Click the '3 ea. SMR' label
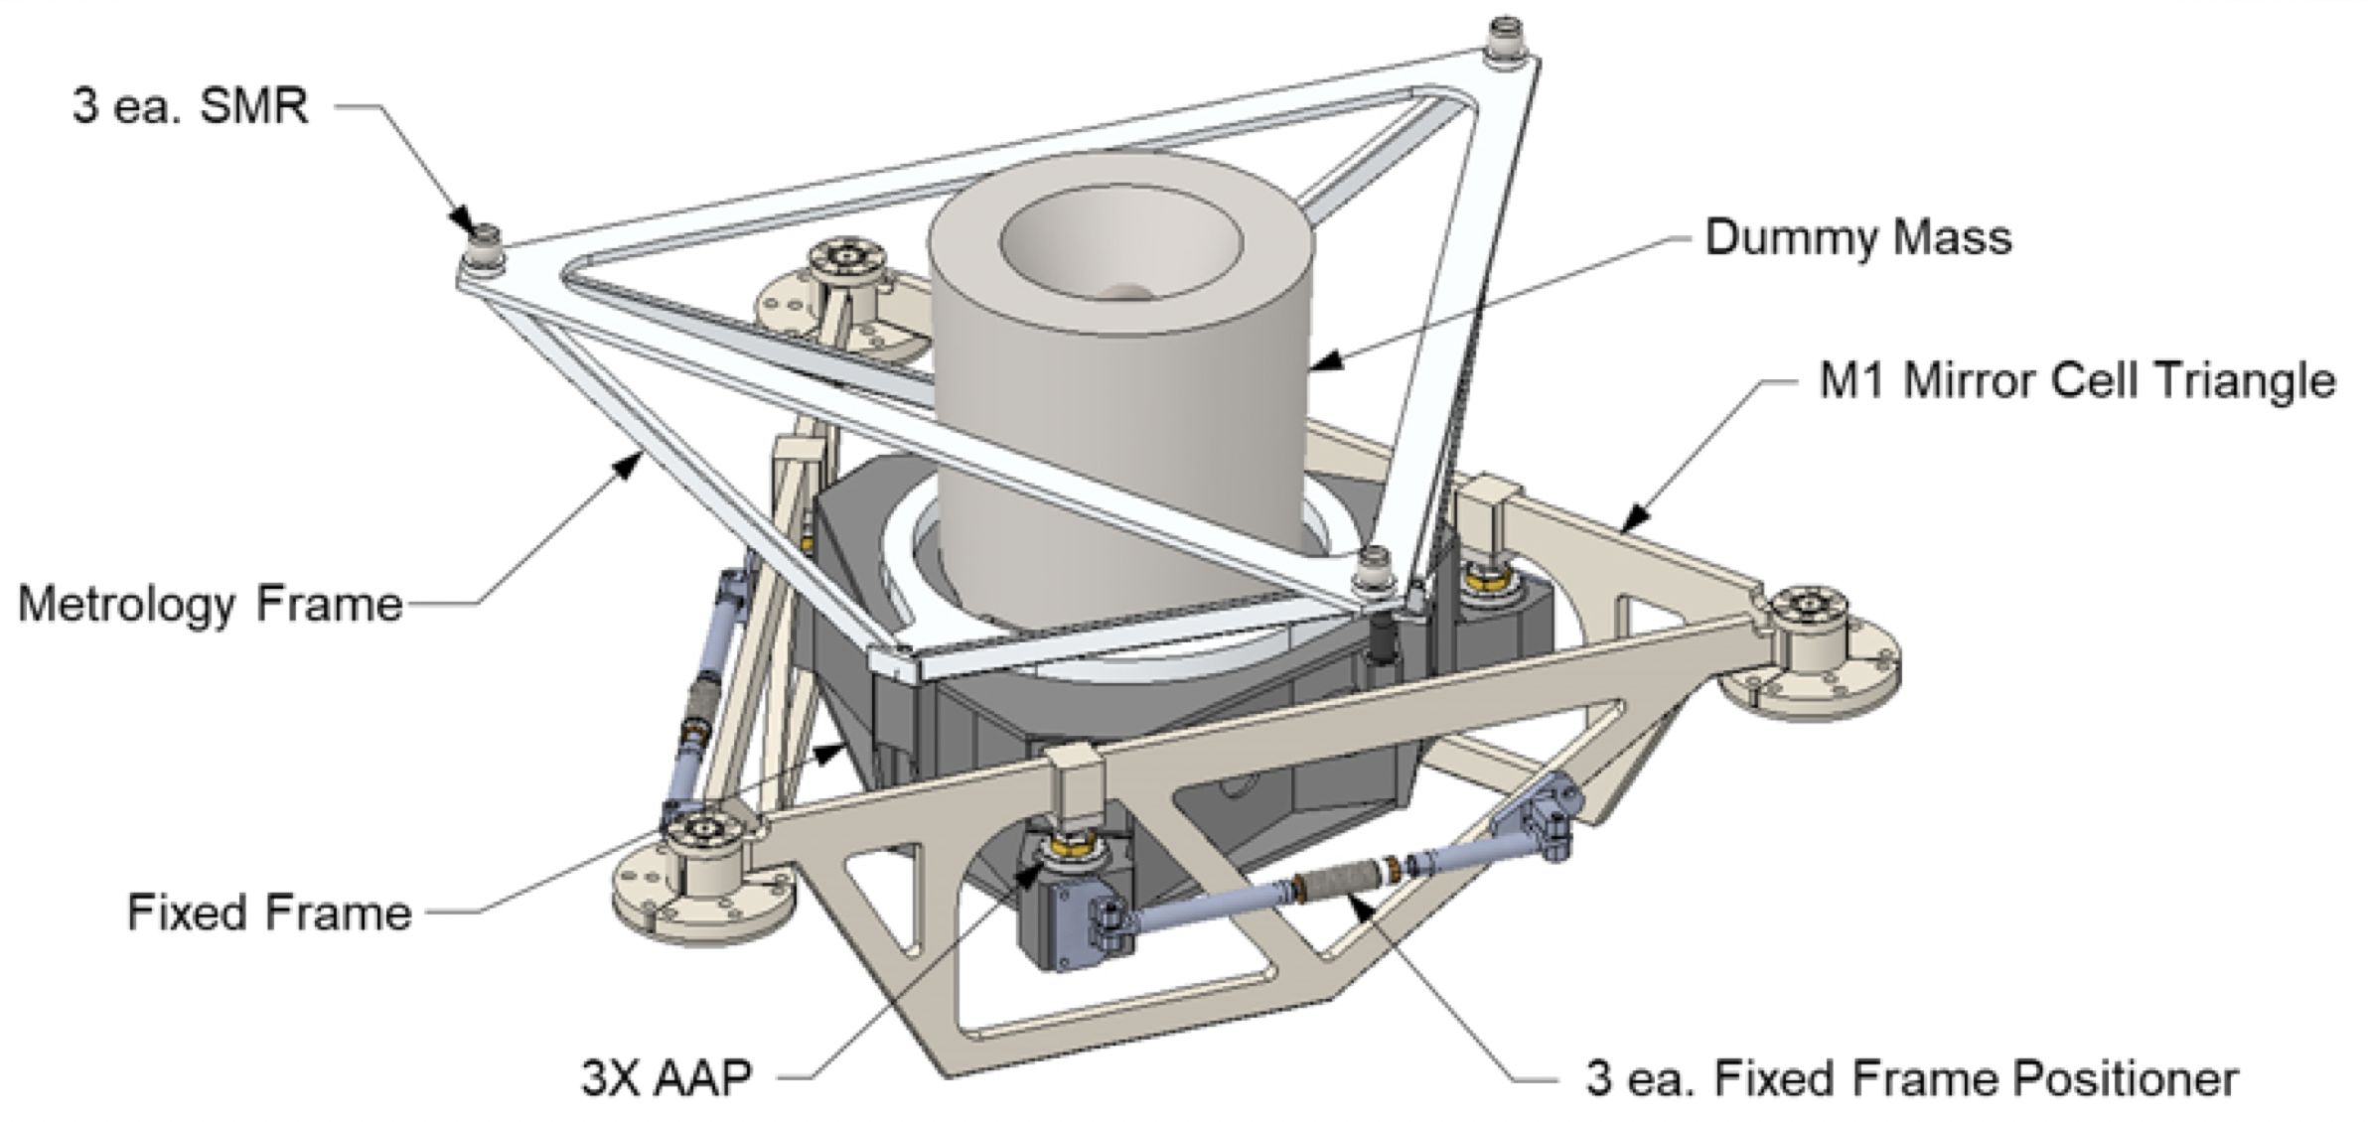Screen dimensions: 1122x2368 (x=190, y=105)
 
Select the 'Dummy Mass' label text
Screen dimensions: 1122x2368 (x=1857, y=238)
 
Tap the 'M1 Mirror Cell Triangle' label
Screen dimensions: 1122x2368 (x=2076, y=381)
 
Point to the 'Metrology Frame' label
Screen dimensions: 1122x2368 (x=211, y=604)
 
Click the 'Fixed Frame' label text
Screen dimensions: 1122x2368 (x=269, y=912)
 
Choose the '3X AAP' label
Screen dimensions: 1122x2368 (x=666, y=1077)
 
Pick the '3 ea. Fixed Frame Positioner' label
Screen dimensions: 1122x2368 (x=1911, y=1078)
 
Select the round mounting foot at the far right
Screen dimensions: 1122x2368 (x=1810, y=650)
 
